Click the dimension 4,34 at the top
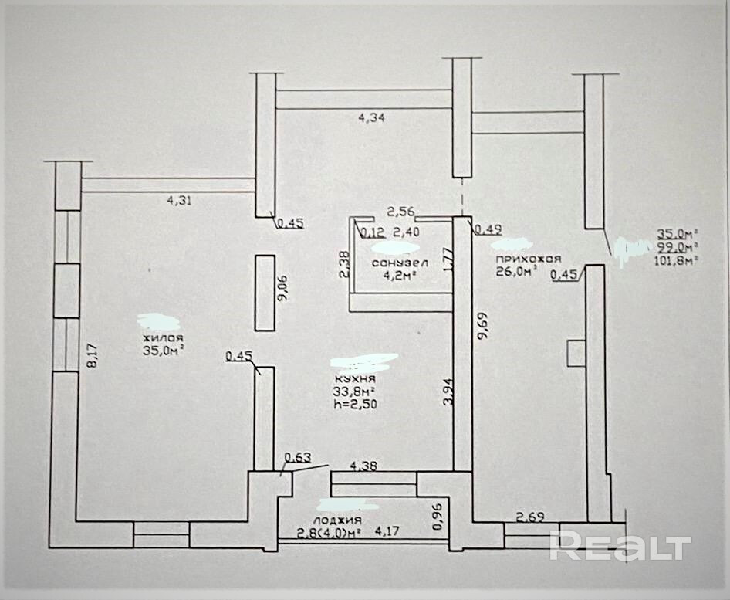[x=371, y=118]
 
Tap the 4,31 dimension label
[x=179, y=200]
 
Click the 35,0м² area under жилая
[x=163, y=351]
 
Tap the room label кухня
[x=355, y=379]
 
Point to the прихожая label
[x=528, y=259]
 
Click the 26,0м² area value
[x=515, y=272]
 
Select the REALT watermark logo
[x=620, y=546]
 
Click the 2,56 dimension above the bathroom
[x=401, y=210]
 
